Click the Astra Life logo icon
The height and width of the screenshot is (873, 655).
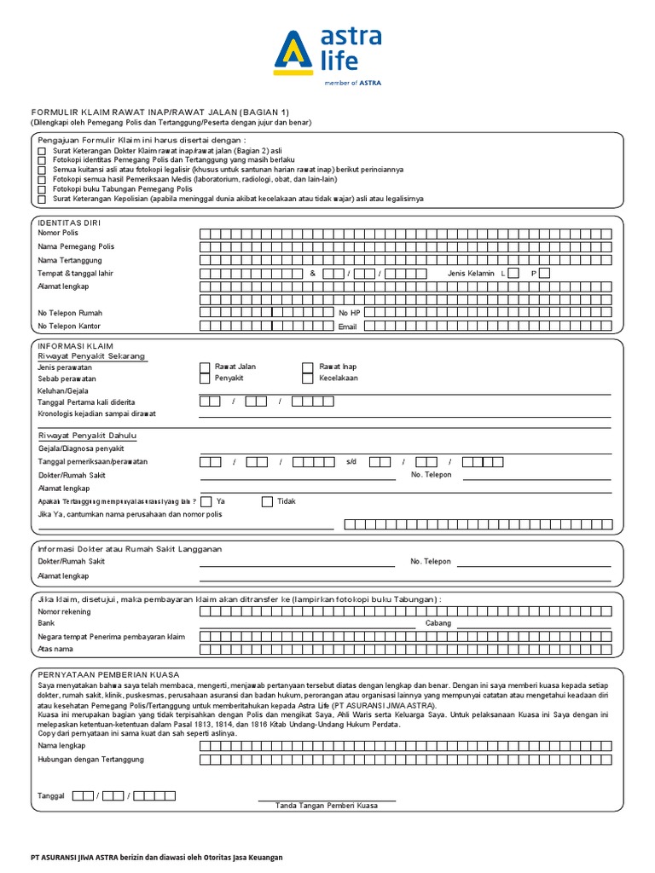coord(293,54)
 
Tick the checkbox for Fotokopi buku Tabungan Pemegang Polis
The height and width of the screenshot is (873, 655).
coord(42,189)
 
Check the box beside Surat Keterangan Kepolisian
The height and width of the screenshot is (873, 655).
coord(42,199)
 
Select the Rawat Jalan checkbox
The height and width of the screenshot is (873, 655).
coord(205,367)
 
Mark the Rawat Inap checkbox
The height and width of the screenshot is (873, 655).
coord(308,367)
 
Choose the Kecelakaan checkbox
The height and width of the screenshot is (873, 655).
coord(308,379)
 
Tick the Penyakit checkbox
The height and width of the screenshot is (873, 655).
coord(205,379)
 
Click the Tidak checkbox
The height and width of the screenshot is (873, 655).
coord(267,502)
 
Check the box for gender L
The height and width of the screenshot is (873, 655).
coord(513,273)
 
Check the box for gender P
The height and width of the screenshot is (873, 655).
coord(544,273)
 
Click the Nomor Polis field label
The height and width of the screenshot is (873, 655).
coord(58,233)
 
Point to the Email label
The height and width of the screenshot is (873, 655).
coord(347,327)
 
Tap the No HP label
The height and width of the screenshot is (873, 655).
coord(350,313)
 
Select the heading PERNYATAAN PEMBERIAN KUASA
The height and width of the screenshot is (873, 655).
coord(108,674)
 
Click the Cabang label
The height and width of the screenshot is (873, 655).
coord(438,623)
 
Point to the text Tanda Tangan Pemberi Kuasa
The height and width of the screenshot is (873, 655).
coord(327,806)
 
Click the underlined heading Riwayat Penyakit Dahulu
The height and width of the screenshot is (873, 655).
coord(87,436)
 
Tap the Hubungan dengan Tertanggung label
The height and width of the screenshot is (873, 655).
coord(91,759)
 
